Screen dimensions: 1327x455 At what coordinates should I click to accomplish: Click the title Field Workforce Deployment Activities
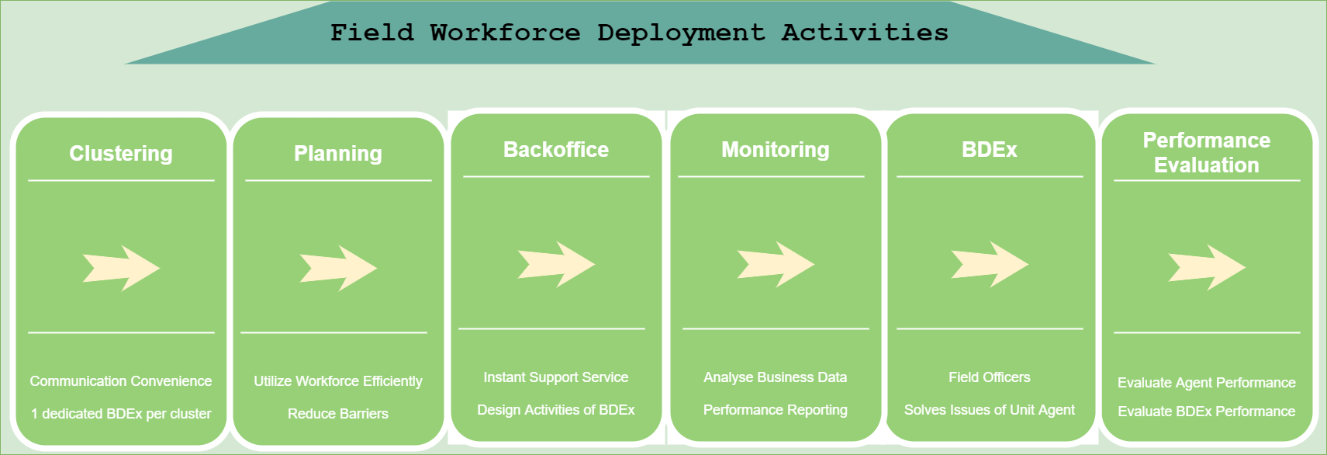pyautogui.click(x=639, y=33)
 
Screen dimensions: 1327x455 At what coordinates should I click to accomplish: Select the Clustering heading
pyautogui.click(x=121, y=153)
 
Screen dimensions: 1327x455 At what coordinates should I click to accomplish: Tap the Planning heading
pyautogui.click(x=338, y=154)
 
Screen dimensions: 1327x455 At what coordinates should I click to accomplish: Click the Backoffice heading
pyautogui.click(x=555, y=150)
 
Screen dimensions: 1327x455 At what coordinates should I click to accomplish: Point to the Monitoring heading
pyautogui.click(x=776, y=150)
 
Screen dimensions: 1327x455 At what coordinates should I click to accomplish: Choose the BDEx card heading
pyautogui.click(x=990, y=150)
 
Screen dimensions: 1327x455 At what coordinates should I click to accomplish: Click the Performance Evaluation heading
pyautogui.click(x=1207, y=152)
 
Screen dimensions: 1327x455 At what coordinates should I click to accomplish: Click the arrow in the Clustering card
pyautogui.click(x=121, y=268)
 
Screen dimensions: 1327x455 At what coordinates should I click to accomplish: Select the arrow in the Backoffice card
pyautogui.click(x=555, y=265)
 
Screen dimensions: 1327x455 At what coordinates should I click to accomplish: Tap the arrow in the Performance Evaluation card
pyautogui.click(x=1207, y=268)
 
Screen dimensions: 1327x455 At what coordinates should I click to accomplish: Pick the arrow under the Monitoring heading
pyautogui.click(x=776, y=265)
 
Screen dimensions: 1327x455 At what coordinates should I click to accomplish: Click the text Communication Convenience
pyautogui.click(x=121, y=380)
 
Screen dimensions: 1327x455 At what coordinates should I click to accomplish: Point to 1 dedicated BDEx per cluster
pyautogui.click(x=121, y=414)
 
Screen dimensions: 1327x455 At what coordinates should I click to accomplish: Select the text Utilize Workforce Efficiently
pyautogui.click(x=338, y=381)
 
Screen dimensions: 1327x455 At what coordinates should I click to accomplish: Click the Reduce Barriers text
pyautogui.click(x=338, y=414)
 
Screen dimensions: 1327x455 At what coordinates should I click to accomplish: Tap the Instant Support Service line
pyautogui.click(x=555, y=378)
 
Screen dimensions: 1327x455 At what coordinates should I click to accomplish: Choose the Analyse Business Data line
pyautogui.click(x=776, y=378)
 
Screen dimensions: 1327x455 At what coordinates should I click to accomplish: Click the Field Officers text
pyautogui.click(x=990, y=377)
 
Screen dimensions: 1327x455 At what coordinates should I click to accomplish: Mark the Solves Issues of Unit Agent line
pyautogui.click(x=990, y=410)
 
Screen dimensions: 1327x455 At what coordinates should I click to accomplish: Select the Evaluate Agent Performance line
pyautogui.click(x=1207, y=383)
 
